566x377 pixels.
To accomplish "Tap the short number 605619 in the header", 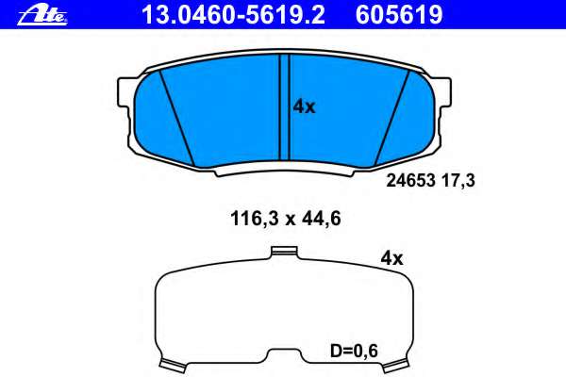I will (x=397, y=14).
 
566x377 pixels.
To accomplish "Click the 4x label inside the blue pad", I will (x=304, y=107).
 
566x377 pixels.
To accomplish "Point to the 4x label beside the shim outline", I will (x=391, y=257).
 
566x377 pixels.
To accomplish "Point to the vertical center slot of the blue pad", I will (x=284, y=106).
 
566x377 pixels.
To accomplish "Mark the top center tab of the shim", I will (x=283, y=251).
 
